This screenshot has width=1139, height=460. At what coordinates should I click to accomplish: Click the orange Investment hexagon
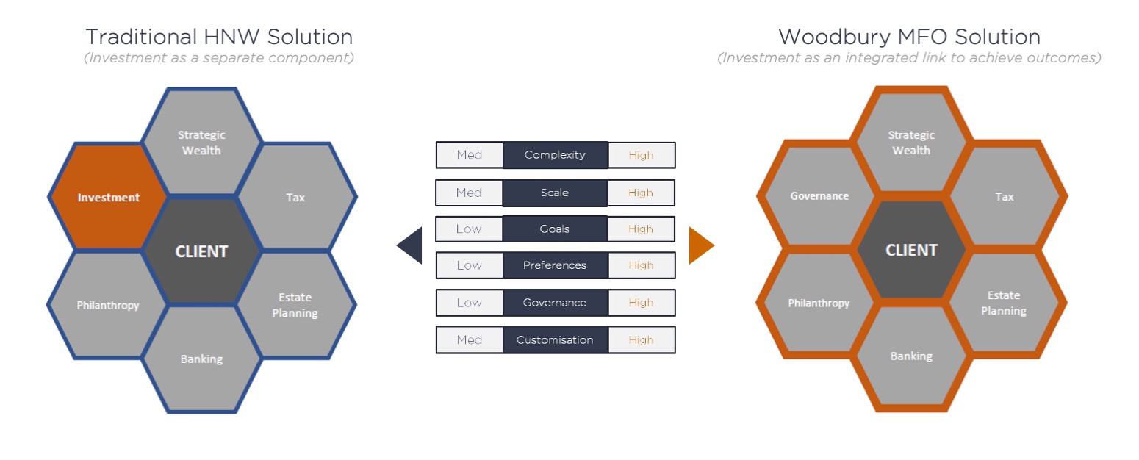coord(108,197)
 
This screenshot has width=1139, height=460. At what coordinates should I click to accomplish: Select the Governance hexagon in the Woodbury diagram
coord(819,195)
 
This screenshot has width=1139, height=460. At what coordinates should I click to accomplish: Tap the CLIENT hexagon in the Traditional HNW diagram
coord(202,251)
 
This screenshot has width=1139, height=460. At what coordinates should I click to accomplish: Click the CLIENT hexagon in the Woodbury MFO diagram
coord(911,250)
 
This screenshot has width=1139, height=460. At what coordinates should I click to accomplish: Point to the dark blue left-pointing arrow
coord(409,245)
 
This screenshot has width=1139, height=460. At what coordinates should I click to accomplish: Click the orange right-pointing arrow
coord(702,245)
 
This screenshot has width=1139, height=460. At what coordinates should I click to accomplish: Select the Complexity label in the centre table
coord(556,155)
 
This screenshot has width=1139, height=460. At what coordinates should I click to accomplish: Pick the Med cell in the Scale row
coord(469,193)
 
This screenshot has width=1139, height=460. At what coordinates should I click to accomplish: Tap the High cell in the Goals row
coord(641,229)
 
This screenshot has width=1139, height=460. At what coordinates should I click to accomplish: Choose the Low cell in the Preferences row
coord(470,265)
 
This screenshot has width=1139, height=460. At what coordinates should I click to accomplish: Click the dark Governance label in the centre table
coord(556,303)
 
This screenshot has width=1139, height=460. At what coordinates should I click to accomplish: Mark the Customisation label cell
coord(556,340)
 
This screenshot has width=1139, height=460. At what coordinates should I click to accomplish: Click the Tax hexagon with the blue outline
coord(296,197)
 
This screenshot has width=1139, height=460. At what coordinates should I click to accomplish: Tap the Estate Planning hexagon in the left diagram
coord(296,305)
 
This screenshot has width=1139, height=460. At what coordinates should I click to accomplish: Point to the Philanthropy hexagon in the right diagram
coord(819,303)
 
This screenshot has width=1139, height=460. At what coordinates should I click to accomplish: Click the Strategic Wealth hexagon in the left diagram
coord(202,143)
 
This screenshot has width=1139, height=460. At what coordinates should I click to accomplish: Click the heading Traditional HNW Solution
coord(219,37)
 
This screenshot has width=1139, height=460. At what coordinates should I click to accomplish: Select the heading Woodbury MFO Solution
coord(909,37)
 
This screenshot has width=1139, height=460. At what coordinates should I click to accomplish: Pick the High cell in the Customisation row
coord(642,340)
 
